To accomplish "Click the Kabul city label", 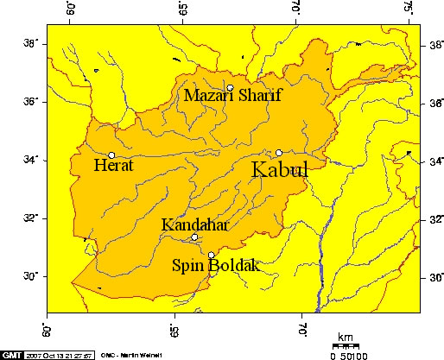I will click(x=279, y=170).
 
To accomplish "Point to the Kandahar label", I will click(x=194, y=225).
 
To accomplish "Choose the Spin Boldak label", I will click(x=215, y=266).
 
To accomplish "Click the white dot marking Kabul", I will click(x=279, y=152).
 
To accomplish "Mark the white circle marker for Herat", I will click(x=111, y=155).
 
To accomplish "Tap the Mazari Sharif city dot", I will click(x=231, y=88).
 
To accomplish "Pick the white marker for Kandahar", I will click(x=194, y=237).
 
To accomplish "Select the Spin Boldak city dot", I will click(x=212, y=255).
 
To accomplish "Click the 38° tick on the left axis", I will click(x=29, y=42).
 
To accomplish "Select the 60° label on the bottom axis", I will click(x=48, y=331).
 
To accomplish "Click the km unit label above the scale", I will click(x=346, y=338).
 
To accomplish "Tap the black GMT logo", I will click(x=11, y=355).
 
